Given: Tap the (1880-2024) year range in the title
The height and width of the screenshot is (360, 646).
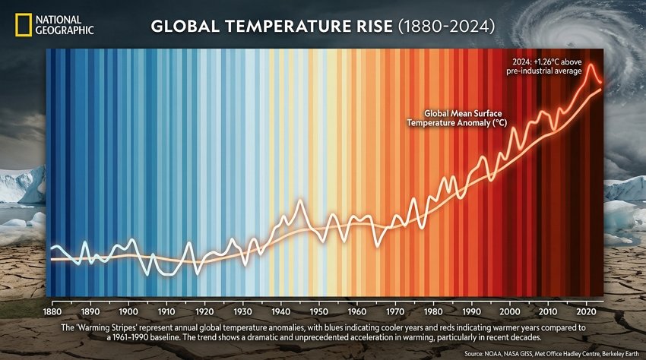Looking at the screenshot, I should pos(446,27).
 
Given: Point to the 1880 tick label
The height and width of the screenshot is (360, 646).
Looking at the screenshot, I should pos(52,312).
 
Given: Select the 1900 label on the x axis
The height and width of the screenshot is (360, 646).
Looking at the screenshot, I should pos(128,312).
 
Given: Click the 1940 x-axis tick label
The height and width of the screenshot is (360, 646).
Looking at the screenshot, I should pos(281,312).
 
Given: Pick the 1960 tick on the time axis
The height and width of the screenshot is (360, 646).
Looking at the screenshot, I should pos(357,312).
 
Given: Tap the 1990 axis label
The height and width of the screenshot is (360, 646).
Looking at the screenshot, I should pos(471,312).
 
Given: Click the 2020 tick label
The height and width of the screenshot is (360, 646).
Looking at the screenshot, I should pos(585,312).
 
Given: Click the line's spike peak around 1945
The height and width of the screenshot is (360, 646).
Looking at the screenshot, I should pos(300,201).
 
